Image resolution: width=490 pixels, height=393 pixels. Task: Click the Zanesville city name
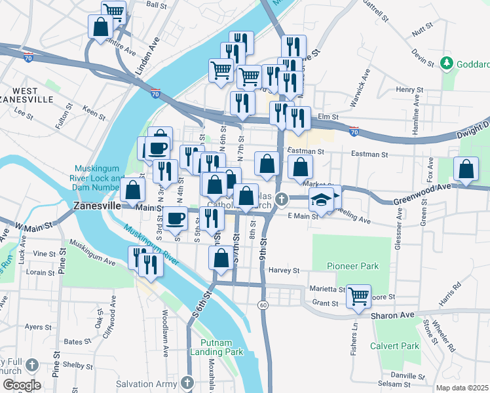pos(96,205)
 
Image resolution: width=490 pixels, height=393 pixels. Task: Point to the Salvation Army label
pos(147,383)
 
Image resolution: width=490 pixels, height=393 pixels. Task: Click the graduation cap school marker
pos(322,198)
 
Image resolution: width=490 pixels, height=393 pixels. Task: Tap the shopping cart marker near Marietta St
pos(358,296)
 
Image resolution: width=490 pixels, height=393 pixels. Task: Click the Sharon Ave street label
pos(393,315)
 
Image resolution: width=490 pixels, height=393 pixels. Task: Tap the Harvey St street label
pos(284,270)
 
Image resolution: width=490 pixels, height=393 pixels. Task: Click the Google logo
pos(21,385)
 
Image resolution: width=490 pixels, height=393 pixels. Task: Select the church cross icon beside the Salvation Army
pos(187,382)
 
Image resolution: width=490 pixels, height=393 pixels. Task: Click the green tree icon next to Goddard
pos(447,64)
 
